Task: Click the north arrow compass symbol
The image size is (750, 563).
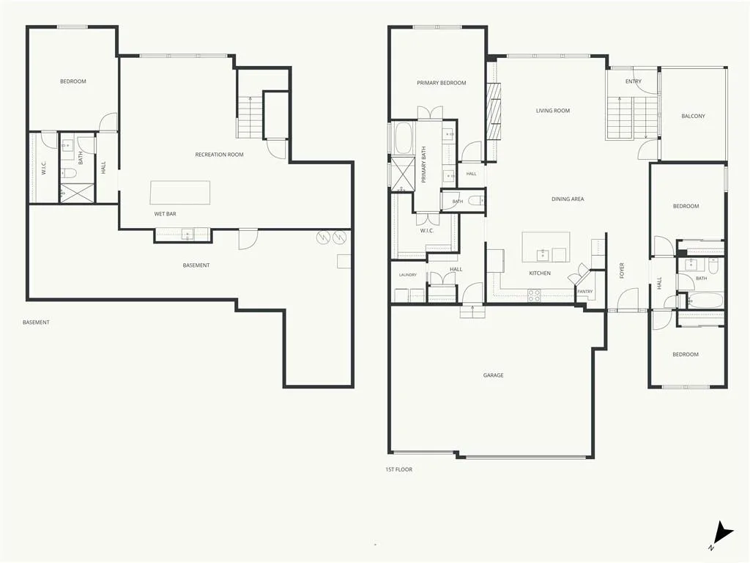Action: point(721,535)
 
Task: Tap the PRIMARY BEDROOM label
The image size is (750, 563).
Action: point(441,83)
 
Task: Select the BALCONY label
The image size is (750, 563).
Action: point(693,116)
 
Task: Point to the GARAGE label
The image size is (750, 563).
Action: point(493,375)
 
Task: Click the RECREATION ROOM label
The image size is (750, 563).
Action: point(219,155)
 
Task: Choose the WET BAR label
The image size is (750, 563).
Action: point(165,214)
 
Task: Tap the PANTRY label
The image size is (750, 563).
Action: point(584,292)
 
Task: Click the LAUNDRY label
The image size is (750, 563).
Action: point(407,275)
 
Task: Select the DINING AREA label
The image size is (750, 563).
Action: point(568,199)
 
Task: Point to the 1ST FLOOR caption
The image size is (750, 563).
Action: point(399,470)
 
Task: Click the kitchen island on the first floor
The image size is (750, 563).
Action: point(546,247)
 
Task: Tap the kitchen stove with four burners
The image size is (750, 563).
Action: point(534,296)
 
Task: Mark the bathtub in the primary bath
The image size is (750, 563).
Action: point(403,139)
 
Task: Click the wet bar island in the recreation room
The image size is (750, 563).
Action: point(180,193)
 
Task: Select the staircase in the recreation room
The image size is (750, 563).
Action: point(250,117)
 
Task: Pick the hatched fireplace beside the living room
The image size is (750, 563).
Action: point(494,111)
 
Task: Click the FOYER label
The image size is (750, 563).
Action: point(622,271)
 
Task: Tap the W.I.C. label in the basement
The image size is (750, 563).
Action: point(43,168)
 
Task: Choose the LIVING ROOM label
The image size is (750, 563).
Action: point(553,111)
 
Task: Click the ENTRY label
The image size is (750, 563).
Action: point(634,81)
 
